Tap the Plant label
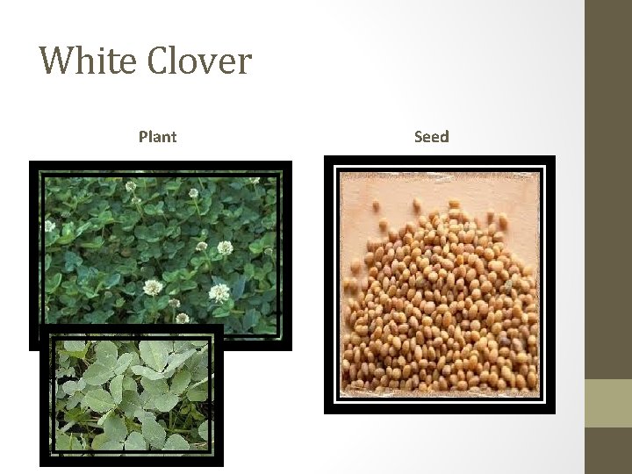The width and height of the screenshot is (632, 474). pos(157,137)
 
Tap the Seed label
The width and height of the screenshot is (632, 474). pos(431,137)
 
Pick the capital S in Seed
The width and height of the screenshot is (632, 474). pos(419,137)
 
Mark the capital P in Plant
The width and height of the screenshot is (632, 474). pos(143,137)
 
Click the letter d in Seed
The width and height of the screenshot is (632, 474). pos(444,137)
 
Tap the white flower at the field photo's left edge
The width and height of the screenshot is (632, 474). pos(50,226)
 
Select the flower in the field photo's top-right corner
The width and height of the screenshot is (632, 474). pos(255,182)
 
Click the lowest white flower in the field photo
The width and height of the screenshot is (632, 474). pos(182,317)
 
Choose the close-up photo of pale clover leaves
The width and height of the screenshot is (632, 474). pos(132,399)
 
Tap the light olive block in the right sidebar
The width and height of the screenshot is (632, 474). pos(608,403)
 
